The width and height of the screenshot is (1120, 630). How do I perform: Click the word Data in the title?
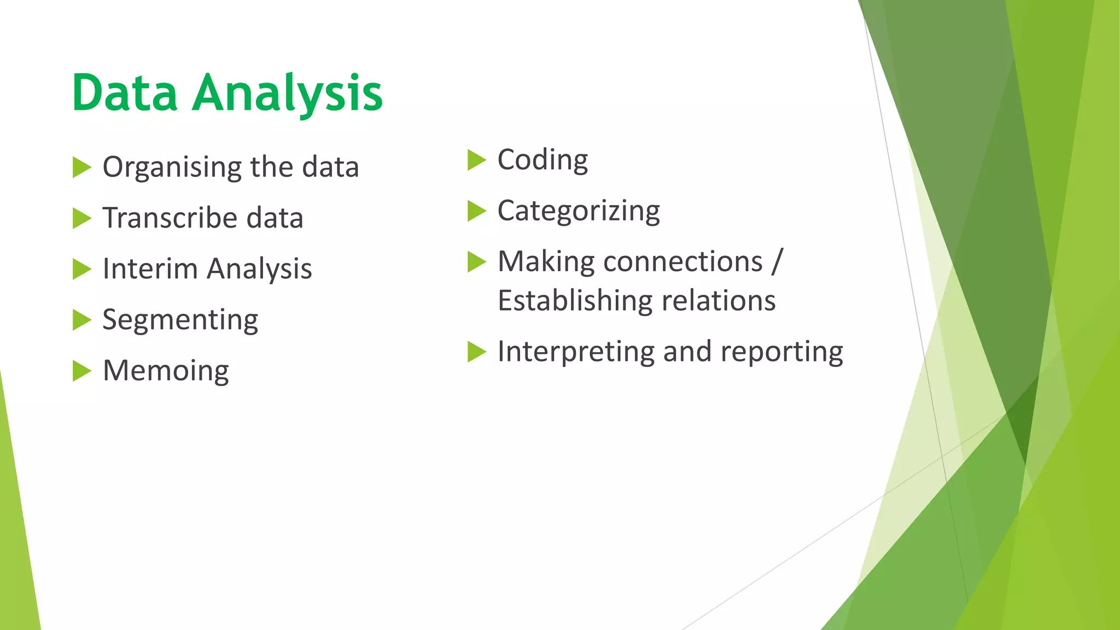tap(125, 93)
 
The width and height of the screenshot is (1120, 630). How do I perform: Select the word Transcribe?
tap(170, 218)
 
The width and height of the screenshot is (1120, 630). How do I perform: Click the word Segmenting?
tap(180, 320)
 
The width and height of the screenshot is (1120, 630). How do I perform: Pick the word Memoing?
tap(166, 371)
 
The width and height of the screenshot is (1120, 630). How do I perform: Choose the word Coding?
tap(542, 160)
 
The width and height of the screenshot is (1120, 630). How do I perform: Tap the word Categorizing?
tap(579, 211)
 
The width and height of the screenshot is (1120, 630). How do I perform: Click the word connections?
tap(683, 261)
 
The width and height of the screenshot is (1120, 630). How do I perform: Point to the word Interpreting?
tap(576, 352)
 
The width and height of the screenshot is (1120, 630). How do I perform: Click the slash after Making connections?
tap(777, 261)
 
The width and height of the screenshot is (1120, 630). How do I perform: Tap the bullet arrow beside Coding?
tap(476, 160)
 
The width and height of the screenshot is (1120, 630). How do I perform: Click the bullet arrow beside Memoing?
tap(81, 371)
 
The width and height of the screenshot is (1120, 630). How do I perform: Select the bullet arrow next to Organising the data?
tap(81, 167)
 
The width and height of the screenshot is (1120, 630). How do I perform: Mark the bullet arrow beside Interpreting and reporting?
tap(476, 352)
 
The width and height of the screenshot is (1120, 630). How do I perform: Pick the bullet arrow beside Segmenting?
tap(81, 320)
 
